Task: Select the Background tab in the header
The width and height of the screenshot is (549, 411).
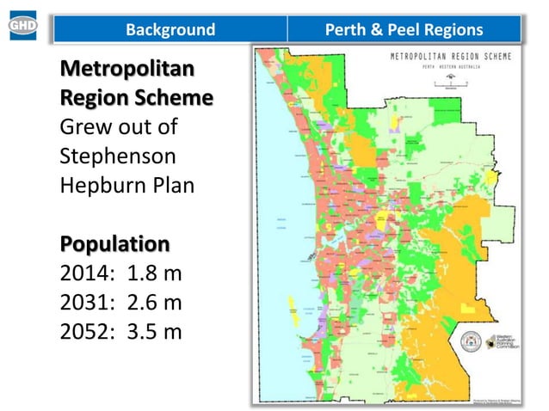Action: pos(170,30)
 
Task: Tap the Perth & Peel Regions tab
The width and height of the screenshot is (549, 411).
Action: pos(404,30)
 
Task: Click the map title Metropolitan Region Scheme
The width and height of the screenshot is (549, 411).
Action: pos(450,56)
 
